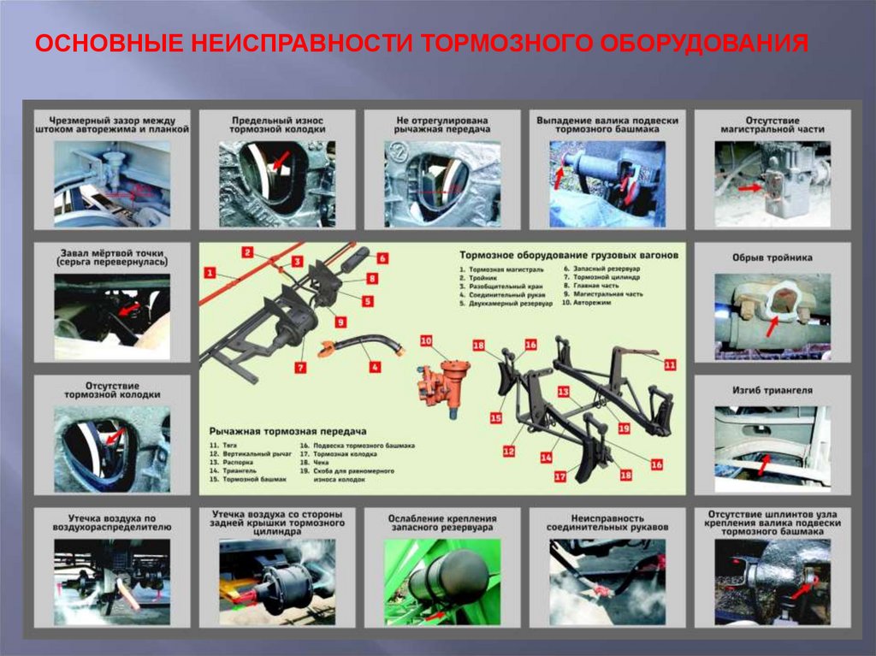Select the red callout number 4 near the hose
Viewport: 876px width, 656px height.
point(375,368)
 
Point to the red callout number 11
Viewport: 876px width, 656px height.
point(670,364)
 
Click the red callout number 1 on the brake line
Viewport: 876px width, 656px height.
point(208,273)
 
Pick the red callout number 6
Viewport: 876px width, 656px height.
point(382,257)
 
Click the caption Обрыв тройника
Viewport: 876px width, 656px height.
point(772,257)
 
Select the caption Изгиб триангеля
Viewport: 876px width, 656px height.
point(772,390)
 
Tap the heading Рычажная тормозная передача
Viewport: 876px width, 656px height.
point(287,432)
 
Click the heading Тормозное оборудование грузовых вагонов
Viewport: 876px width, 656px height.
point(569,256)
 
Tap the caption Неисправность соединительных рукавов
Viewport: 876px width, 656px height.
point(607,523)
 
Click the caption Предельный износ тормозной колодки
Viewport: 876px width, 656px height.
point(277,124)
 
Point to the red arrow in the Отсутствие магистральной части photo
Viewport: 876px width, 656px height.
point(749,186)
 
